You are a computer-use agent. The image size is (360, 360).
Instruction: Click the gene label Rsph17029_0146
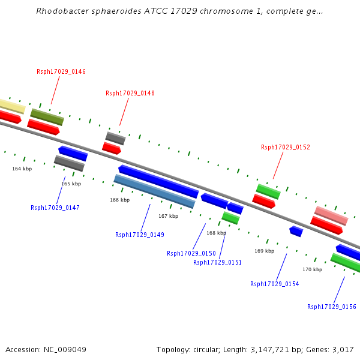click(61, 72)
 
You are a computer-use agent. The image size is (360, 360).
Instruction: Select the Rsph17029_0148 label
click(130, 94)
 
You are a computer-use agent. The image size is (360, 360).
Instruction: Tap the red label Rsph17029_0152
click(286, 148)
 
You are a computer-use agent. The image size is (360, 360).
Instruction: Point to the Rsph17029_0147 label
click(55, 208)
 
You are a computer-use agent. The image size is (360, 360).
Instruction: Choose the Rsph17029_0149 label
click(140, 235)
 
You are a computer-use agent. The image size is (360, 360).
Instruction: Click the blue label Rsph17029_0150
click(191, 254)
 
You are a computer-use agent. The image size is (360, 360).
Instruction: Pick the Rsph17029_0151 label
click(218, 263)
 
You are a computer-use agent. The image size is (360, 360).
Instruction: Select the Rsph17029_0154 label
click(275, 284)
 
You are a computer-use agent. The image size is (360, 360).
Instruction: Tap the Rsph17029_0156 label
click(332, 307)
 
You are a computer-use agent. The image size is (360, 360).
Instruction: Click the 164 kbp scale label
click(22, 169)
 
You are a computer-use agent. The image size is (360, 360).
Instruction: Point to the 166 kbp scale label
click(119, 200)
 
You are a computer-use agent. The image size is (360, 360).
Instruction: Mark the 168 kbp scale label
click(216, 233)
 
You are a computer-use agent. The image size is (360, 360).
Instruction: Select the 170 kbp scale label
click(312, 270)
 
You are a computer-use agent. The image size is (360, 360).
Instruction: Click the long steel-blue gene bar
click(154, 191)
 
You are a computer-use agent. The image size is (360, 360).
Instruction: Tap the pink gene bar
click(331, 215)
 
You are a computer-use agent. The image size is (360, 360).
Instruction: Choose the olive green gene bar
click(47, 117)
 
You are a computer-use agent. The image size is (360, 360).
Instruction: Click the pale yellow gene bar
click(11, 106)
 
